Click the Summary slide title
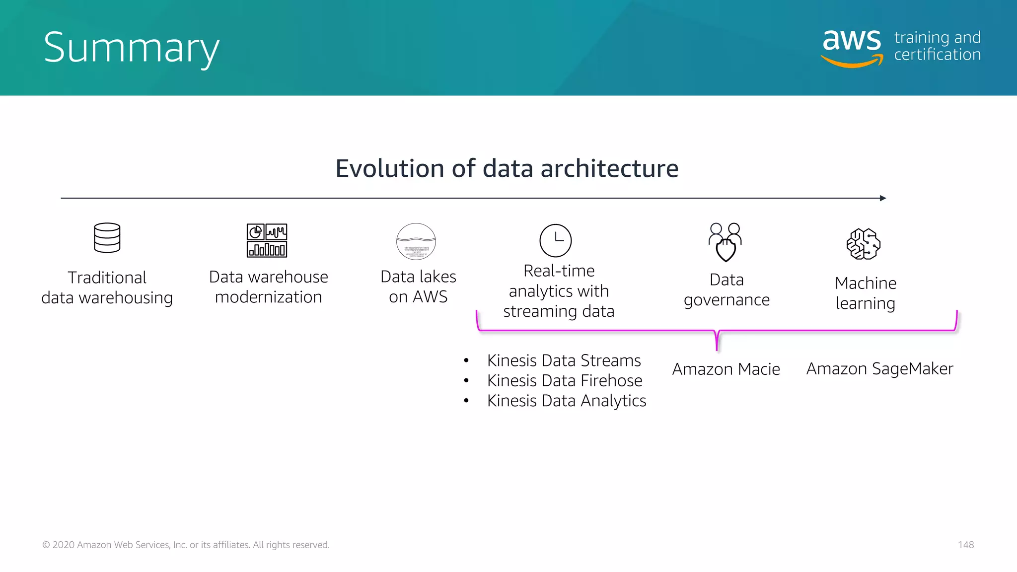tap(131, 48)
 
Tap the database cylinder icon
tap(107, 238)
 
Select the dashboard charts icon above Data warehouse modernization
tap(267, 240)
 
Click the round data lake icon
tap(416, 242)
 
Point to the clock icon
tap(555, 240)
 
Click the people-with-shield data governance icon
tap(726, 242)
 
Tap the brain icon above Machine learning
tap(864, 244)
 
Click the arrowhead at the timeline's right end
tap(883, 198)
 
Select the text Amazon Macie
tap(726, 369)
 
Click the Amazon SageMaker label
tap(879, 369)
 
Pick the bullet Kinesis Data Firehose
tap(565, 381)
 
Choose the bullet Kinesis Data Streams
tap(564, 360)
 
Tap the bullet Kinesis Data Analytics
tap(567, 401)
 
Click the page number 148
tap(966, 545)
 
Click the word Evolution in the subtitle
tap(390, 168)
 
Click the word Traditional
tap(107, 278)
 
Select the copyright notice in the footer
tap(186, 545)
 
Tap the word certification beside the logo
tap(938, 55)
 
